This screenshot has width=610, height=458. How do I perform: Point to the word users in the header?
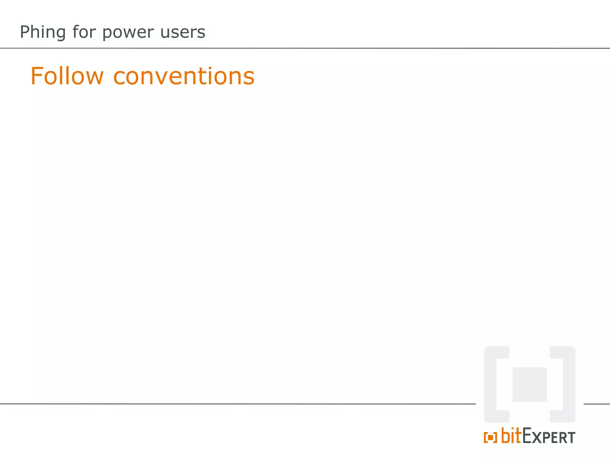[183, 32]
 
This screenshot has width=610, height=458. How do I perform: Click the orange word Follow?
[67, 76]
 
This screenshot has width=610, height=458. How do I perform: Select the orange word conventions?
[184, 76]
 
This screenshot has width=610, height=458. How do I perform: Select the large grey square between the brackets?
[529, 384]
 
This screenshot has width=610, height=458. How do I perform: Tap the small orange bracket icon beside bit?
[490, 437]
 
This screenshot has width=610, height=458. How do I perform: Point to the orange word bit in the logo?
[511, 436]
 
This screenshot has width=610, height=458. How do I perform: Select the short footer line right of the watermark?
[597, 404]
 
